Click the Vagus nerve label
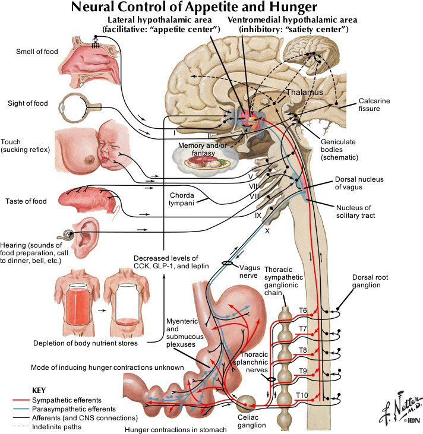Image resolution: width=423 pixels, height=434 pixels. pos(248,271)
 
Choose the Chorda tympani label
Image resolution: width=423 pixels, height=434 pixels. pos(181,198)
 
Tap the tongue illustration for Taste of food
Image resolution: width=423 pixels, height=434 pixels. pos(89,199)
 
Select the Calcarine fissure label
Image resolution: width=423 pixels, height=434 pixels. pos(374,105)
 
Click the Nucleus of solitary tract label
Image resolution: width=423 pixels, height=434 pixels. pos(354,211)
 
